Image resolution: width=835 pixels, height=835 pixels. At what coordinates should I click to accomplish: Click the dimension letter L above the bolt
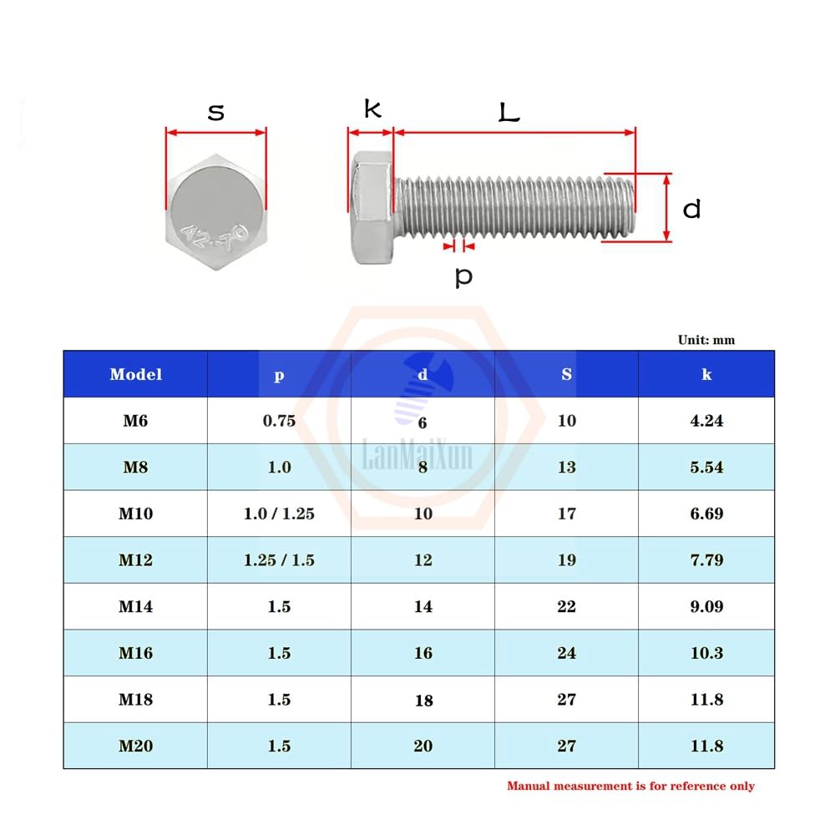(x=509, y=112)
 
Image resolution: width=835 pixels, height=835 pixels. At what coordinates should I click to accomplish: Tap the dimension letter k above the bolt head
(x=372, y=109)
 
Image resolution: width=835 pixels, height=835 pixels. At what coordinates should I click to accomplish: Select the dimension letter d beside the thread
(x=691, y=209)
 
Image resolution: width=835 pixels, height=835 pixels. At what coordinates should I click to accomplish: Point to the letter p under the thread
(x=463, y=276)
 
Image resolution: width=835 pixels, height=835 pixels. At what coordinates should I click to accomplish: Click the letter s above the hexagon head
(x=216, y=112)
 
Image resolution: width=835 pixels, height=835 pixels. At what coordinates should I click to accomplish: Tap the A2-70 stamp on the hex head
(x=213, y=234)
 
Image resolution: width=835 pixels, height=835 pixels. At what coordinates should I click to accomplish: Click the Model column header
(x=135, y=374)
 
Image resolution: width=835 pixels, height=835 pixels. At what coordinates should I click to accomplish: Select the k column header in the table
(x=706, y=374)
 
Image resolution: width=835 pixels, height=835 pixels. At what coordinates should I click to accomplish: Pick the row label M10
(x=135, y=514)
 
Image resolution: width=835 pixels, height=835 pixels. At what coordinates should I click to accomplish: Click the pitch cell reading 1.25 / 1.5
(x=279, y=560)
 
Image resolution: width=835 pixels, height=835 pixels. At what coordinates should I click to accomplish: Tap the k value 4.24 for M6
(x=706, y=421)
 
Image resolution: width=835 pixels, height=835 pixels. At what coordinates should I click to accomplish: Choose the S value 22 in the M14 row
(x=566, y=607)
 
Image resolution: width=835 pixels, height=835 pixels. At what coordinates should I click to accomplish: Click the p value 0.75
(x=279, y=421)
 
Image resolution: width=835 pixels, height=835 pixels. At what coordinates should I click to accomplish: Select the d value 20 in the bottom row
(x=423, y=746)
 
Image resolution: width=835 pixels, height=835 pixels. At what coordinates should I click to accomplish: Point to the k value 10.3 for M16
(x=706, y=653)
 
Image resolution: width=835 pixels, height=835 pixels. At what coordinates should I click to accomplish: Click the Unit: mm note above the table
(x=706, y=340)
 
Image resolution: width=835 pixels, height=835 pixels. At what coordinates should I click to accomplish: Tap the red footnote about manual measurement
(x=630, y=786)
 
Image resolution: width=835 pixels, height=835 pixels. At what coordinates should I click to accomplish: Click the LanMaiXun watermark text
(x=417, y=456)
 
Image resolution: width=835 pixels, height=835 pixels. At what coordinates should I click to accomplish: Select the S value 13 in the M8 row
(x=566, y=468)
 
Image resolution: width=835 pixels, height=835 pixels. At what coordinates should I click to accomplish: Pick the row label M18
(x=135, y=700)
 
